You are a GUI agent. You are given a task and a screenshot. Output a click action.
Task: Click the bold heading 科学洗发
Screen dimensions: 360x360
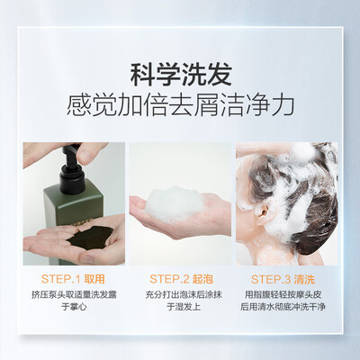click(x=181, y=75)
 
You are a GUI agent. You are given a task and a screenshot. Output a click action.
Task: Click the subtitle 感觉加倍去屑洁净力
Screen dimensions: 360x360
click(x=180, y=105)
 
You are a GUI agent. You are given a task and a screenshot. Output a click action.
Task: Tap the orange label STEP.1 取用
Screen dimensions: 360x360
click(x=73, y=279)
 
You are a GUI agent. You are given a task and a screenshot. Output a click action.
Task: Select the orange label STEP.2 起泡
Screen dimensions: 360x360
click(x=181, y=279)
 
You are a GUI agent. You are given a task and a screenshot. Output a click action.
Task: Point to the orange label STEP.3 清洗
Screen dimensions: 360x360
click(x=283, y=279)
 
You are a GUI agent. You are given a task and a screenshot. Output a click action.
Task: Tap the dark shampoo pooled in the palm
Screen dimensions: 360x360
click(x=89, y=238)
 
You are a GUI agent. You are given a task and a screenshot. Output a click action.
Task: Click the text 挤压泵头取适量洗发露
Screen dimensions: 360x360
click(x=74, y=294)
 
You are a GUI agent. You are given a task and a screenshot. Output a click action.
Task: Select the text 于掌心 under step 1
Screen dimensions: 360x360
click(x=74, y=307)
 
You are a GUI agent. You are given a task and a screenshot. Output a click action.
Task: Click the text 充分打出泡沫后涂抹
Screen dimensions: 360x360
click(x=184, y=294)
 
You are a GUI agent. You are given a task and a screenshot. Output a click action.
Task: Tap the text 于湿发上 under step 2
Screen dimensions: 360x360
click(x=184, y=307)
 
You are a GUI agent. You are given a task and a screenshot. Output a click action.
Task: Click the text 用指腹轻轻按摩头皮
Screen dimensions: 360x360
click(x=283, y=294)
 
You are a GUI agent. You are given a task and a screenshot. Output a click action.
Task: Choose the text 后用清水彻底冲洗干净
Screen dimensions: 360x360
click(x=283, y=307)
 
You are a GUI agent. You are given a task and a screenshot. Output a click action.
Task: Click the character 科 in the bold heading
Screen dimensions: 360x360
click(x=142, y=75)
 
